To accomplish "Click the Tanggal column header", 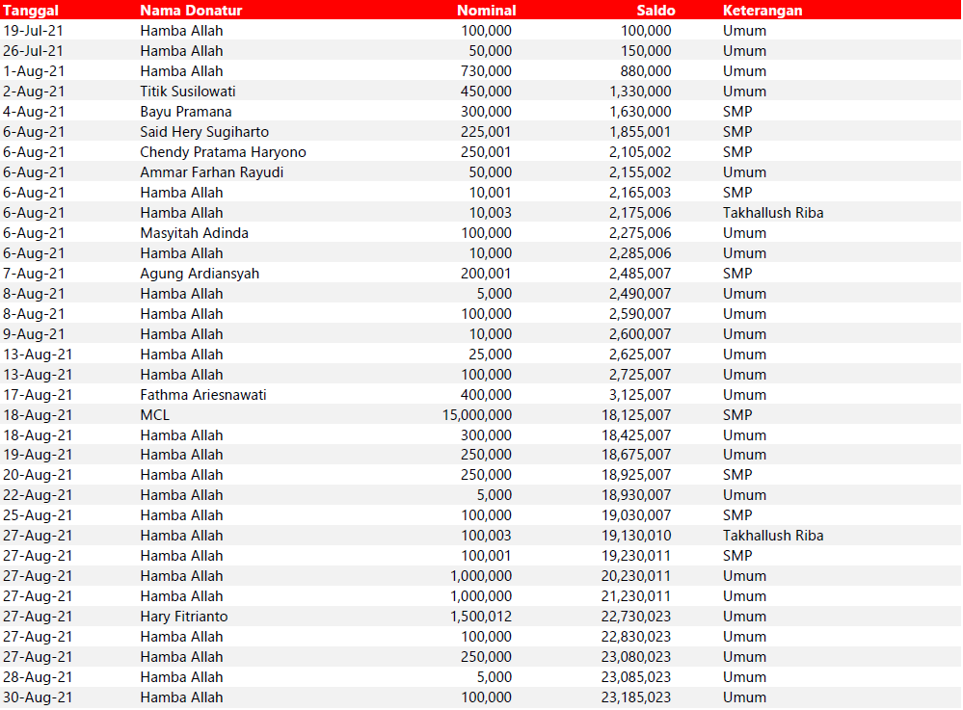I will coord(32,11).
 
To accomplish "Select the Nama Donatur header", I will coord(191,11).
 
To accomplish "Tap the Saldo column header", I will coord(655,11).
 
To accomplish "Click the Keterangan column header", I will coord(762,11).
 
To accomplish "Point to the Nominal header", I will coord(486,11).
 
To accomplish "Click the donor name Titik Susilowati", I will coord(188,92).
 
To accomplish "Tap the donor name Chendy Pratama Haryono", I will coord(223,152).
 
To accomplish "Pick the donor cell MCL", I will coord(154,415).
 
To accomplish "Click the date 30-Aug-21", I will coord(38,697).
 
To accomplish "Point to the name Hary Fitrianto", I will coord(184,617).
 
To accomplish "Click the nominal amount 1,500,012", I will coord(481,617).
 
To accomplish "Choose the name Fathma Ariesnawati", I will coord(203,395).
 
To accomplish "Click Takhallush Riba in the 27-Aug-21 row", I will coord(773,536).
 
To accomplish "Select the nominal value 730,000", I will coord(487,71).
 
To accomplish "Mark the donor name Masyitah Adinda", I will coord(194,233).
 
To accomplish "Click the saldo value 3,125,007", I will coord(640,395).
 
